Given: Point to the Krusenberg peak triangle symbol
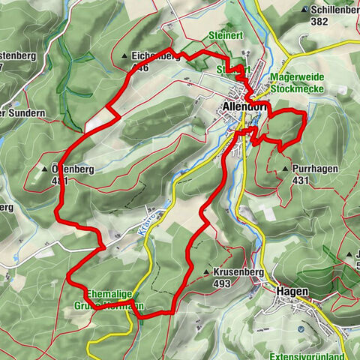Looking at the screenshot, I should pyautogui.click(x=206, y=271).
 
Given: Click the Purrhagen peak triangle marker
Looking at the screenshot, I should pyautogui.click(x=286, y=169).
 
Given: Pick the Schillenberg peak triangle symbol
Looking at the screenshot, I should pyautogui.click(x=304, y=10).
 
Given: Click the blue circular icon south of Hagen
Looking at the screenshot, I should pyautogui.click(x=301, y=328).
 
